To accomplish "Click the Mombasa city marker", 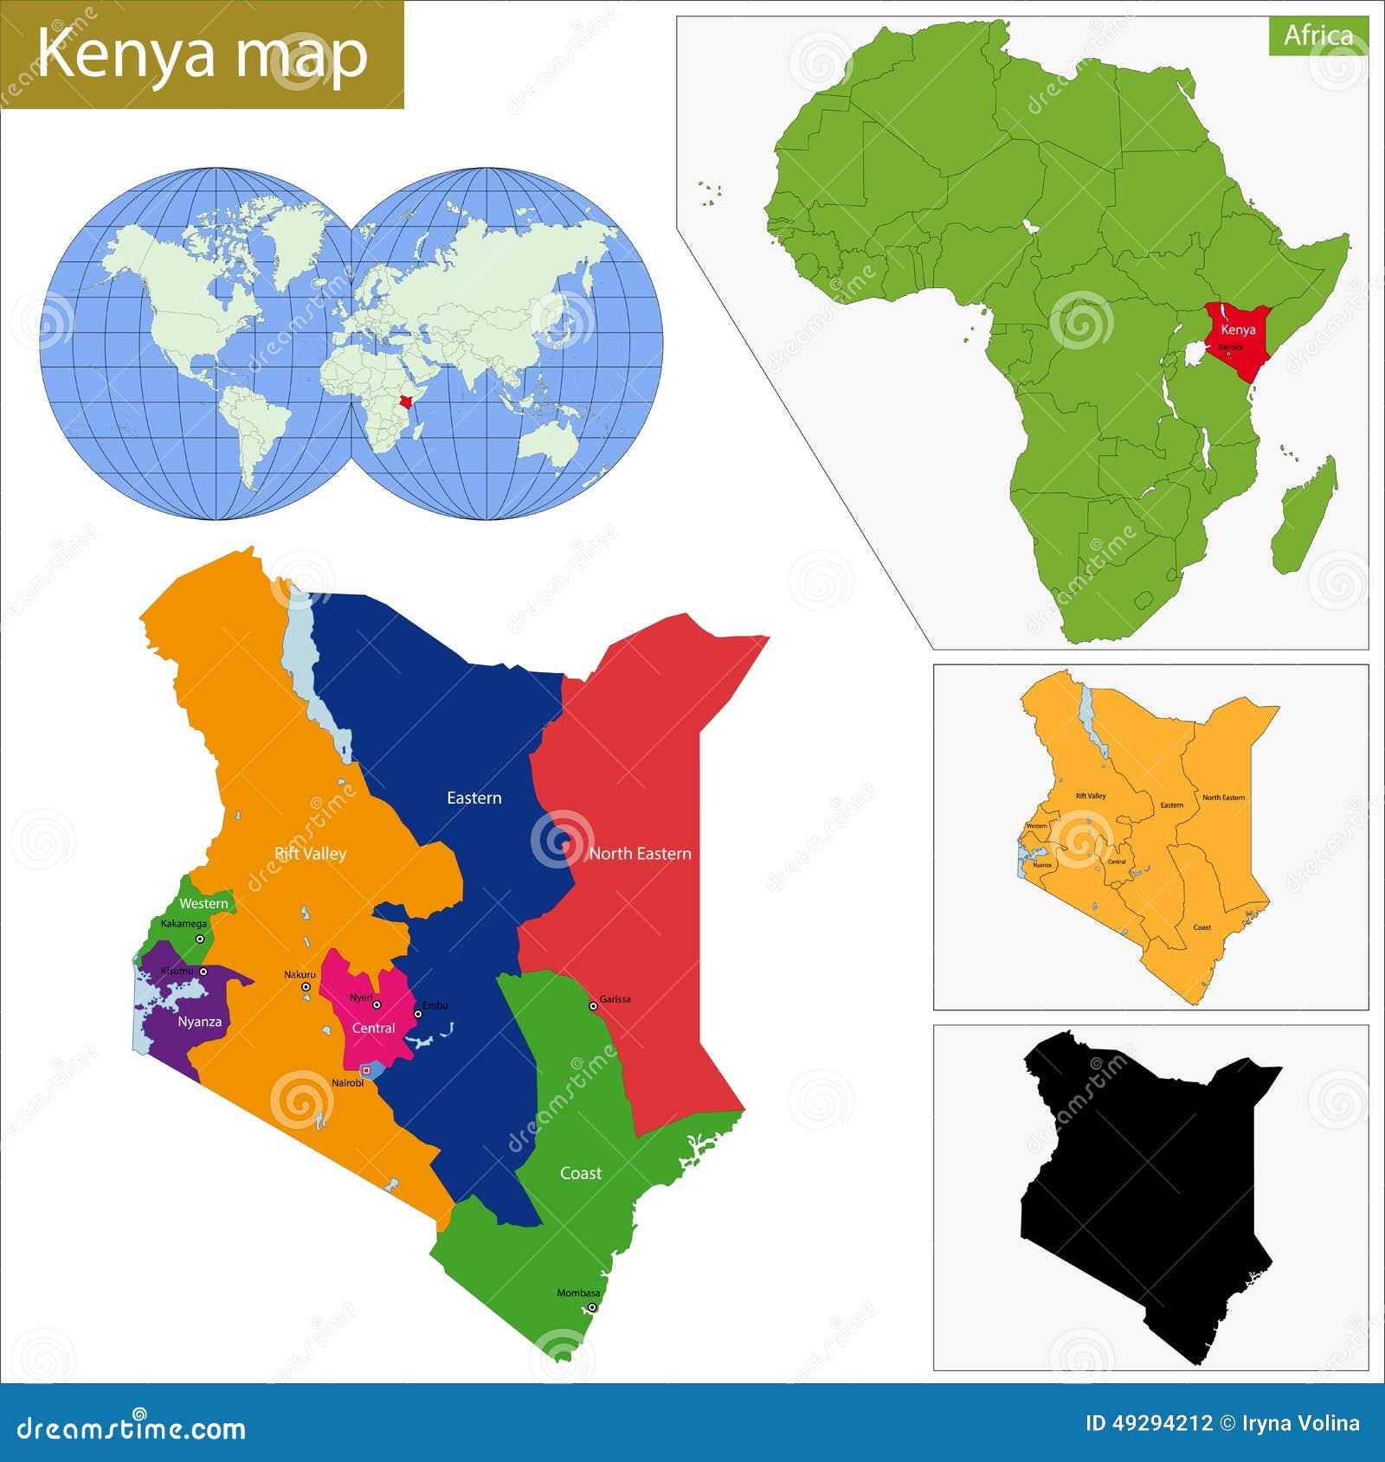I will click(592, 1307).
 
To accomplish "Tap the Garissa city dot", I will click(593, 1005).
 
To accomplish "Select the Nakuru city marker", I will click(306, 987).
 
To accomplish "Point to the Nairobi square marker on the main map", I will click(366, 1071).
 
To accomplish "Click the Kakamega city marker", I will click(200, 939).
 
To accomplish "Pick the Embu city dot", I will click(417, 1013).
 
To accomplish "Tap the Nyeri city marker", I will click(377, 1005).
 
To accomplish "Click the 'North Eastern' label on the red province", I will click(640, 854).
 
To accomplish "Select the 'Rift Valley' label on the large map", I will click(310, 854).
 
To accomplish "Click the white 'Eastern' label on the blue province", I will click(473, 798).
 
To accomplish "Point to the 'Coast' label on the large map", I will click(580, 1173).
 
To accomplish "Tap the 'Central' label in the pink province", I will click(373, 1029).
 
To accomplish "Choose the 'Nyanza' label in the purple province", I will click(199, 1022).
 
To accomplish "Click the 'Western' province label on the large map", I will click(203, 904).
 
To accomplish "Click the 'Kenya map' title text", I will click(203, 54).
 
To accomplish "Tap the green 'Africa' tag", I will click(1317, 35).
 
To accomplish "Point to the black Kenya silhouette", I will click(1143, 1185).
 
